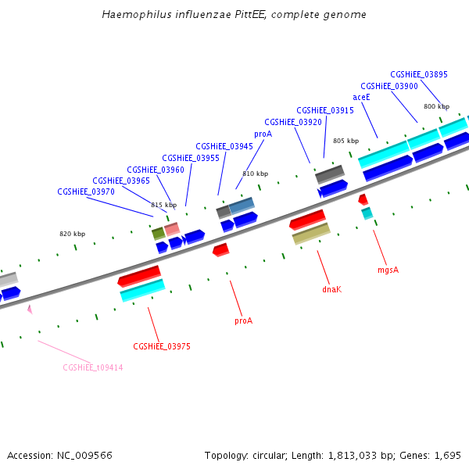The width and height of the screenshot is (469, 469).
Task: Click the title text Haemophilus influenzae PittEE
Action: [234, 15]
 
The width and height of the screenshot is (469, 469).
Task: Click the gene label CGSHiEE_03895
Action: [419, 74]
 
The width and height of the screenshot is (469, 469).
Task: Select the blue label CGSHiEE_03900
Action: [389, 86]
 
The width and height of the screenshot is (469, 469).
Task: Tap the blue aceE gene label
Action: [361, 97]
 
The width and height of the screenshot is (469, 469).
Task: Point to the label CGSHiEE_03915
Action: [325, 110]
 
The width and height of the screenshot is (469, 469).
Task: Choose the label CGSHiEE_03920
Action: [293, 122]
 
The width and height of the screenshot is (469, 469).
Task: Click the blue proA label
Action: [263, 134]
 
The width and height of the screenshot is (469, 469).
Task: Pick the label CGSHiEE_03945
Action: [224, 146]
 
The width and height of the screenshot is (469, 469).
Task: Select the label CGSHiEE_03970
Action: [86, 192]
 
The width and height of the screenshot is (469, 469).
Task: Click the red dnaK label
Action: [332, 289]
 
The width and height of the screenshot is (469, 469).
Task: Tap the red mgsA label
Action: [388, 270]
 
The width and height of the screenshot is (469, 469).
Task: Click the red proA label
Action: [244, 320]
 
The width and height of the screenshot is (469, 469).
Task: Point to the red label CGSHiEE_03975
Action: [162, 346]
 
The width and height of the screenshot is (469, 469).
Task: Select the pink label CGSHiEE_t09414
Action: [93, 367]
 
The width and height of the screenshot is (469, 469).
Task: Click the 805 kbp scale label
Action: [345, 141]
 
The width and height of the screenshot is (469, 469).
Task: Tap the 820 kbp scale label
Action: [73, 234]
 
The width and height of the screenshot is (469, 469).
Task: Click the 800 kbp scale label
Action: [437, 106]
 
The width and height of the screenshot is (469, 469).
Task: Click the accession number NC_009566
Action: [59, 455]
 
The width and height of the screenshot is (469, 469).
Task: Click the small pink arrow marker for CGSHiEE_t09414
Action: [30, 310]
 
